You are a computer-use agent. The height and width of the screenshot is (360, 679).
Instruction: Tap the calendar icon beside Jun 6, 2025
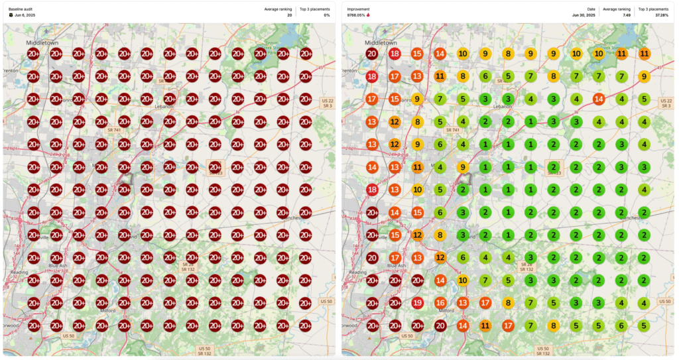pyautogui.click(x=11, y=15)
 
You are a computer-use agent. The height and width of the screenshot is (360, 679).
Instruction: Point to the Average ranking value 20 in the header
pyautogui.click(x=289, y=15)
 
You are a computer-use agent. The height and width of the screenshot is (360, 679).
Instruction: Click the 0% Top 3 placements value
pyautogui.click(x=326, y=15)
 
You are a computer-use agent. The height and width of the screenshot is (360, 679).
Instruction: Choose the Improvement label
pyautogui.click(x=359, y=9)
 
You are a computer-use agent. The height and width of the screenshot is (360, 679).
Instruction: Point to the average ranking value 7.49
pyautogui.click(x=626, y=15)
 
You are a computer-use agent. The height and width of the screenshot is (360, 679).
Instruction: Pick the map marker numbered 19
pyautogui.click(x=417, y=303)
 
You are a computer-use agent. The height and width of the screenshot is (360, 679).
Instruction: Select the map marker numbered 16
pyautogui.click(x=440, y=303)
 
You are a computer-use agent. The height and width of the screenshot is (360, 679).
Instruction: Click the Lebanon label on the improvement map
pyautogui.click(x=503, y=105)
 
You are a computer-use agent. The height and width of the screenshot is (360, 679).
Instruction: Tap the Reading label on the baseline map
pyautogui.click(x=19, y=272)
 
